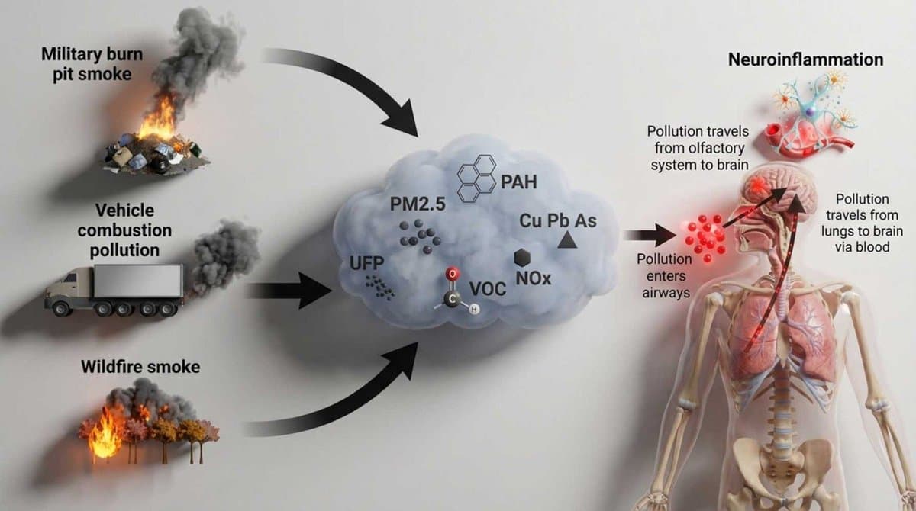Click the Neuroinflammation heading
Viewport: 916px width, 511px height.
805,59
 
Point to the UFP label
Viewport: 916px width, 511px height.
364,264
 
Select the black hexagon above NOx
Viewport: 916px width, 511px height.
523,257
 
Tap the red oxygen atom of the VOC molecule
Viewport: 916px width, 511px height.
452,273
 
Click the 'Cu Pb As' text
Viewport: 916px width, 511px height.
557,220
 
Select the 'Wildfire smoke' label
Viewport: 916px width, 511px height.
140,367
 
